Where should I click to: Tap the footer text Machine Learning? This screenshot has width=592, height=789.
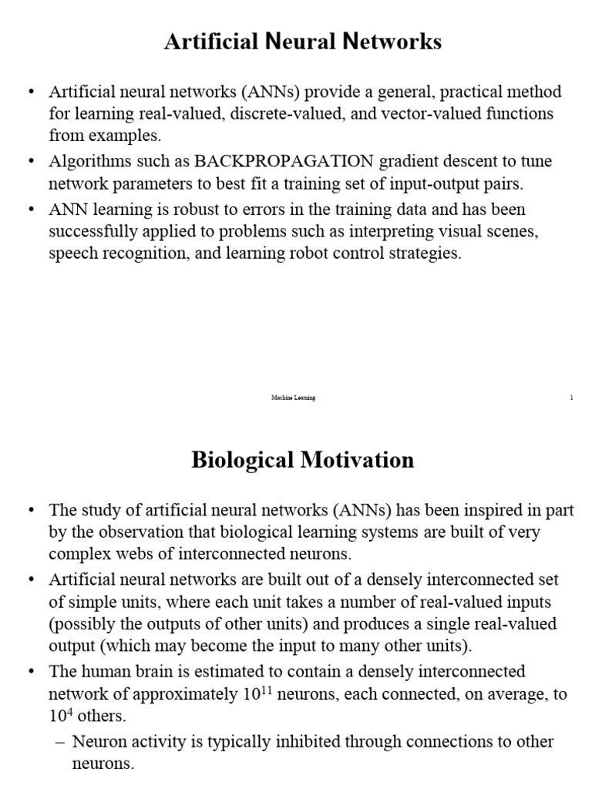point(293,398)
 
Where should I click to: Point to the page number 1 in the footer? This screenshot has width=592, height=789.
point(571,398)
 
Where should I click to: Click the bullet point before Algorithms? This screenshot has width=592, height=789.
point(31,163)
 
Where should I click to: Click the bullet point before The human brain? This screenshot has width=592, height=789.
point(31,672)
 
